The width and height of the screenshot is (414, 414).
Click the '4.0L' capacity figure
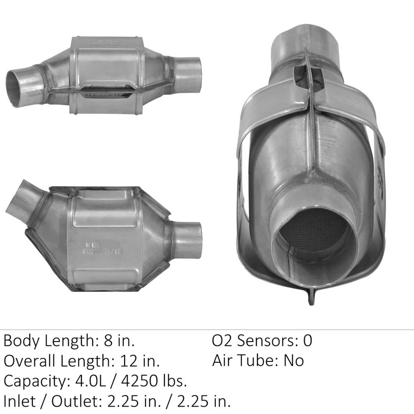coord(89,381)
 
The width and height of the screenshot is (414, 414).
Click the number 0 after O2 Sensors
coord(307,341)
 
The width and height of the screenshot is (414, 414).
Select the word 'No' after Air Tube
coord(293,361)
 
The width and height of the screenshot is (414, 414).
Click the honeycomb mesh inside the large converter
coord(314,233)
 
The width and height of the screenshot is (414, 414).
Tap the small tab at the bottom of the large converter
coord(311,298)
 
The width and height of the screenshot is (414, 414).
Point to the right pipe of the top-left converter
coord(188,75)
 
